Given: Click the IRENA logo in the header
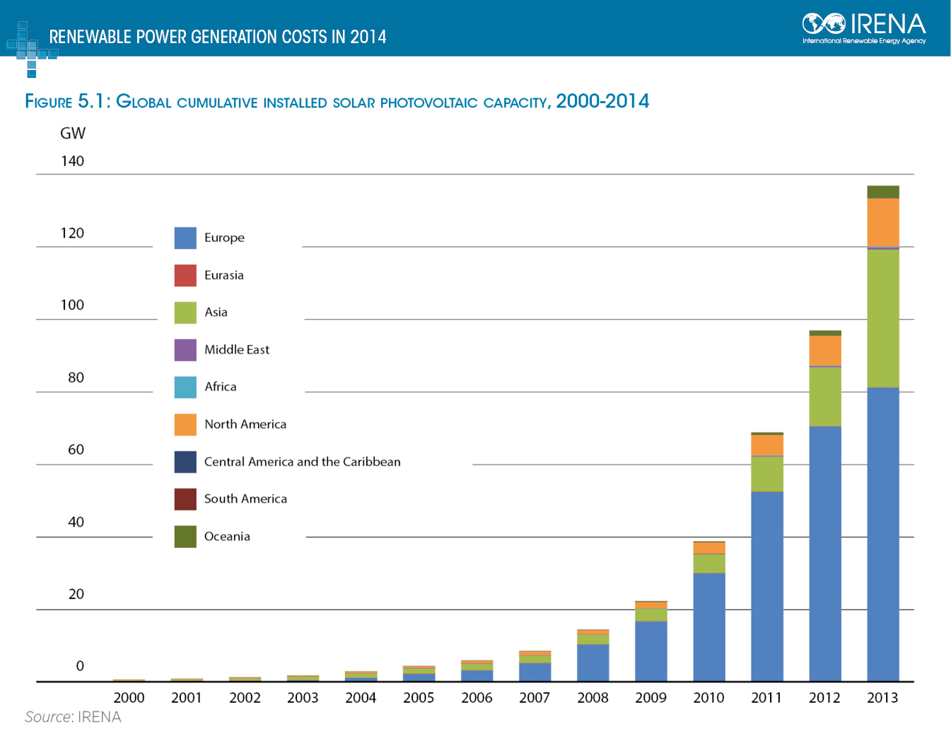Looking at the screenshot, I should [863, 28].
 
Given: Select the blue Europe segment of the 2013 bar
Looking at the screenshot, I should [882, 534].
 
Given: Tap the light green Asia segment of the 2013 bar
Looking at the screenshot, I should [882, 318].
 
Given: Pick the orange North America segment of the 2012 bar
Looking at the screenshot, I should [824, 351].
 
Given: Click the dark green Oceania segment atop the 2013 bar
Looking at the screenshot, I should [882, 192].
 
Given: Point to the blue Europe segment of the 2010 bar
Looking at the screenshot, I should [708, 627].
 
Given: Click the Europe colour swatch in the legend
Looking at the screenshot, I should [185, 238].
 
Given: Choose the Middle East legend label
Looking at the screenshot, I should [237, 349].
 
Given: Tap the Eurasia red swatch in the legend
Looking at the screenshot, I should [185, 275].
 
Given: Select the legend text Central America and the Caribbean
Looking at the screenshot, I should [302, 462].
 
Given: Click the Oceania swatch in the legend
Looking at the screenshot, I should [185, 536].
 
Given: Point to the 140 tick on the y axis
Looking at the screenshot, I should [72, 161].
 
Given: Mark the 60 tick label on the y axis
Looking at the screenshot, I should [76, 450].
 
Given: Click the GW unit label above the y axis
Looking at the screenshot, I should [73, 133].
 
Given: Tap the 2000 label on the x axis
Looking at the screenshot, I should [129, 698].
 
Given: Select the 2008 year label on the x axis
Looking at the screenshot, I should [593, 698].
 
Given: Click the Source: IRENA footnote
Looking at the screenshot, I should [73, 717].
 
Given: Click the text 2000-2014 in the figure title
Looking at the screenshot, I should [602, 101].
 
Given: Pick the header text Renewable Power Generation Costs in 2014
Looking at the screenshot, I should [218, 37].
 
